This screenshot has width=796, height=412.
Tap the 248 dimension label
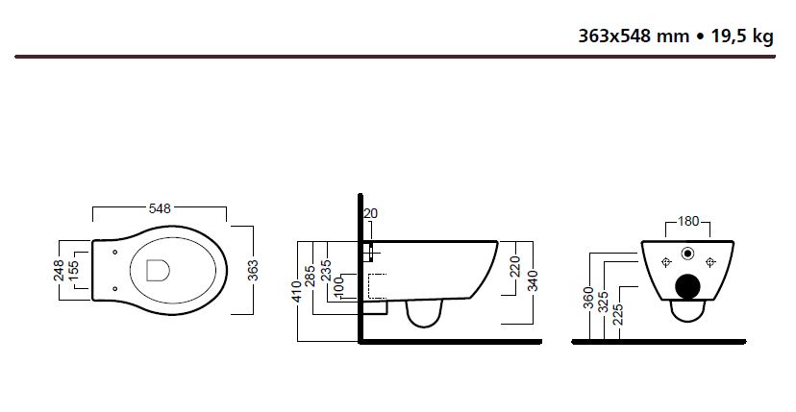click(x=60, y=270)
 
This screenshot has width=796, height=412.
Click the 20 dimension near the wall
click(x=373, y=214)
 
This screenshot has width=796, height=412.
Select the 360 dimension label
click(x=588, y=302)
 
